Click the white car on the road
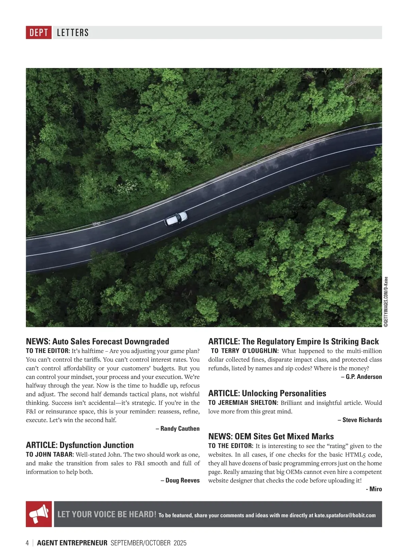(x=176, y=218)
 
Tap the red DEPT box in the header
(x=39, y=33)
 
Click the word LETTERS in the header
(x=73, y=33)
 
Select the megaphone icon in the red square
(x=39, y=514)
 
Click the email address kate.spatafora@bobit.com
(x=345, y=515)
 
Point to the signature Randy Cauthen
(x=178, y=428)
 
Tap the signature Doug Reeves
(x=180, y=480)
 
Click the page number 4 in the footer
(x=28, y=543)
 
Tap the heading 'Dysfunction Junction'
(x=97, y=445)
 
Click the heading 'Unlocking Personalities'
(x=284, y=393)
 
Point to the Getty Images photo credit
(x=386, y=302)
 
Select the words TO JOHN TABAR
(x=50, y=454)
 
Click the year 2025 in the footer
(x=180, y=543)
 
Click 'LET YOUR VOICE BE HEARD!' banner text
(x=107, y=514)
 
